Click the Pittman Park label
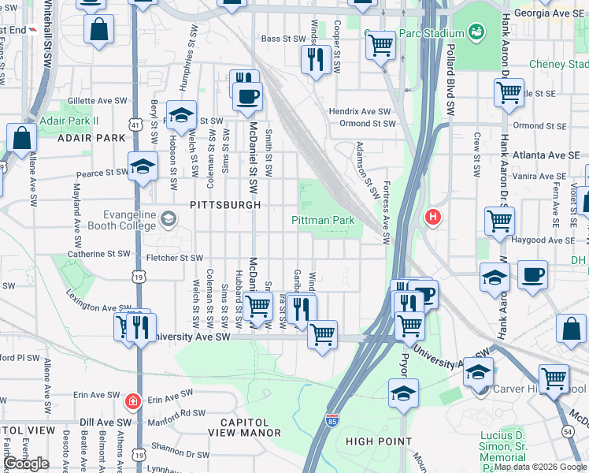(x=323, y=221)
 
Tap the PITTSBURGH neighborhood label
(x=225, y=204)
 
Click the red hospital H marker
(x=432, y=216)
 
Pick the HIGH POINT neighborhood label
(x=379, y=441)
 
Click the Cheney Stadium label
(x=558, y=64)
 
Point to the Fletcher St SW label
(x=174, y=258)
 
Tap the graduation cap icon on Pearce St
(x=143, y=166)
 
